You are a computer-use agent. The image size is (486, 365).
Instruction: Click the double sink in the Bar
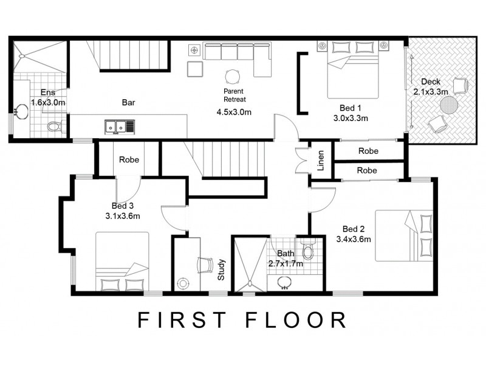(119, 127)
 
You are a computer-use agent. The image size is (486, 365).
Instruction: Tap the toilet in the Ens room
(54, 127)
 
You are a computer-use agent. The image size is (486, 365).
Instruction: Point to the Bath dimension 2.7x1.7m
(286, 264)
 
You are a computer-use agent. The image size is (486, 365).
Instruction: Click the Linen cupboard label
(321, 161)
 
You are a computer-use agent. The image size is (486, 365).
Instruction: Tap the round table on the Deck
(450, 106)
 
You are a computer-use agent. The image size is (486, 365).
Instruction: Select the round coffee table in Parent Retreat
(233, 77)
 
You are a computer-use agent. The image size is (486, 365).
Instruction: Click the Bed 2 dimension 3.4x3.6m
(354, 239)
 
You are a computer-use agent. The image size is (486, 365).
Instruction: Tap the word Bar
(128, 103)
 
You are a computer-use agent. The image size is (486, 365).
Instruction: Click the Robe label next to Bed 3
(129, 160)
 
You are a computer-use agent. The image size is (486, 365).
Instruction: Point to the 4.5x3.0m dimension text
(234, 112)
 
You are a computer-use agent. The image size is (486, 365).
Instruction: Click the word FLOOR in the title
(301, 321)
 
